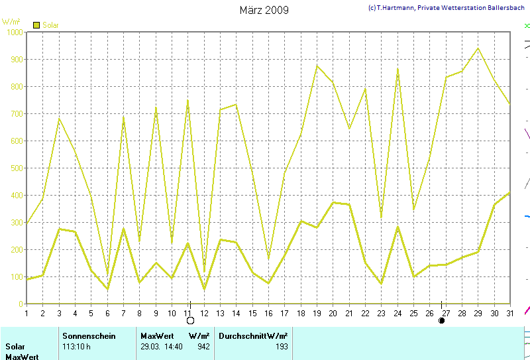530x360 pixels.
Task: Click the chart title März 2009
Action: [x=264, y=10]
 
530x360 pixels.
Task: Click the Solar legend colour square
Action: [x=36, y=25]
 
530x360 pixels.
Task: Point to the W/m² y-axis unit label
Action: [x=11, y=23]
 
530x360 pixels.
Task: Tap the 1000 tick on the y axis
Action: [x=13, y=32]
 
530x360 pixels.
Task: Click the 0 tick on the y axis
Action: [x=21, y=304]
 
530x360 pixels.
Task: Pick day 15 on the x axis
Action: [x=253, y=313]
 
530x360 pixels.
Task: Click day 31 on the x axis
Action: [x=509, y=313]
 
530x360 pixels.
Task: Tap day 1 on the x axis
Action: [x=26, y=313]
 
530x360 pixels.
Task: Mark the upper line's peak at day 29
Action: [x=477, y=48]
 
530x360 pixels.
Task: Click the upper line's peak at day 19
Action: [x=317, y=65]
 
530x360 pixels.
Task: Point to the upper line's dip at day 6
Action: [x=107, y=274]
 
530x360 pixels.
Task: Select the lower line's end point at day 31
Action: [x=509, y=193]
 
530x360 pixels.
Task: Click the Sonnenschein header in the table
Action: [x=89, y=336]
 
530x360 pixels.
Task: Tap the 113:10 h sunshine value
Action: [x=77, y=346]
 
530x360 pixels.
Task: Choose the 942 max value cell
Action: [x=203, y=346]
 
